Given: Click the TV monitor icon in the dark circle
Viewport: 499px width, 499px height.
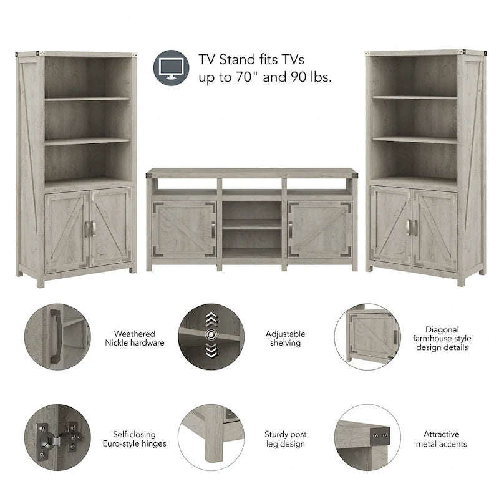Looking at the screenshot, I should tap(170, 67).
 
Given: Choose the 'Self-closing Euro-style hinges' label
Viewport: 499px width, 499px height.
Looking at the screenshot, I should tap(135, 439).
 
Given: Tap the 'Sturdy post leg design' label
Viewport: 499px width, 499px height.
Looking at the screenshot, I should tap(285, 439).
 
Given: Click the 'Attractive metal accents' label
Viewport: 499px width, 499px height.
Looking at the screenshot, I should tap(442, 439).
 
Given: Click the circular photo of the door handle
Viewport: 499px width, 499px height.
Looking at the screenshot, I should tap(58, 337).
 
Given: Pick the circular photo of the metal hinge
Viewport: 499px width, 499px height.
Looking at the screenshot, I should tap(58, 437).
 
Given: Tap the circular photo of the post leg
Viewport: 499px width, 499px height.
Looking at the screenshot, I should tap(210, 437).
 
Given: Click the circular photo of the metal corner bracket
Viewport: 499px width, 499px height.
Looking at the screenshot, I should tap(367, 437).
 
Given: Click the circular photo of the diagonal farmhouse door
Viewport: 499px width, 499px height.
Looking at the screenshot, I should tap(367, 337).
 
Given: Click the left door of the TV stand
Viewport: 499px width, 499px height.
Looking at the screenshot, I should tap(184, 230).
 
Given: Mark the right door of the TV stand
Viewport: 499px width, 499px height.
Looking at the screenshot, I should tap(319, 230).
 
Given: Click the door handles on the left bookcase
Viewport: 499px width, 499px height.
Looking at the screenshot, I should tap(89, 228).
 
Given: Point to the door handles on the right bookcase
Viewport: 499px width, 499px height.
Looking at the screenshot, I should tap(412, 228).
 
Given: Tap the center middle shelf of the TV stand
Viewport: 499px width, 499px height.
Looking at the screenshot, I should tap(251, 223).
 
